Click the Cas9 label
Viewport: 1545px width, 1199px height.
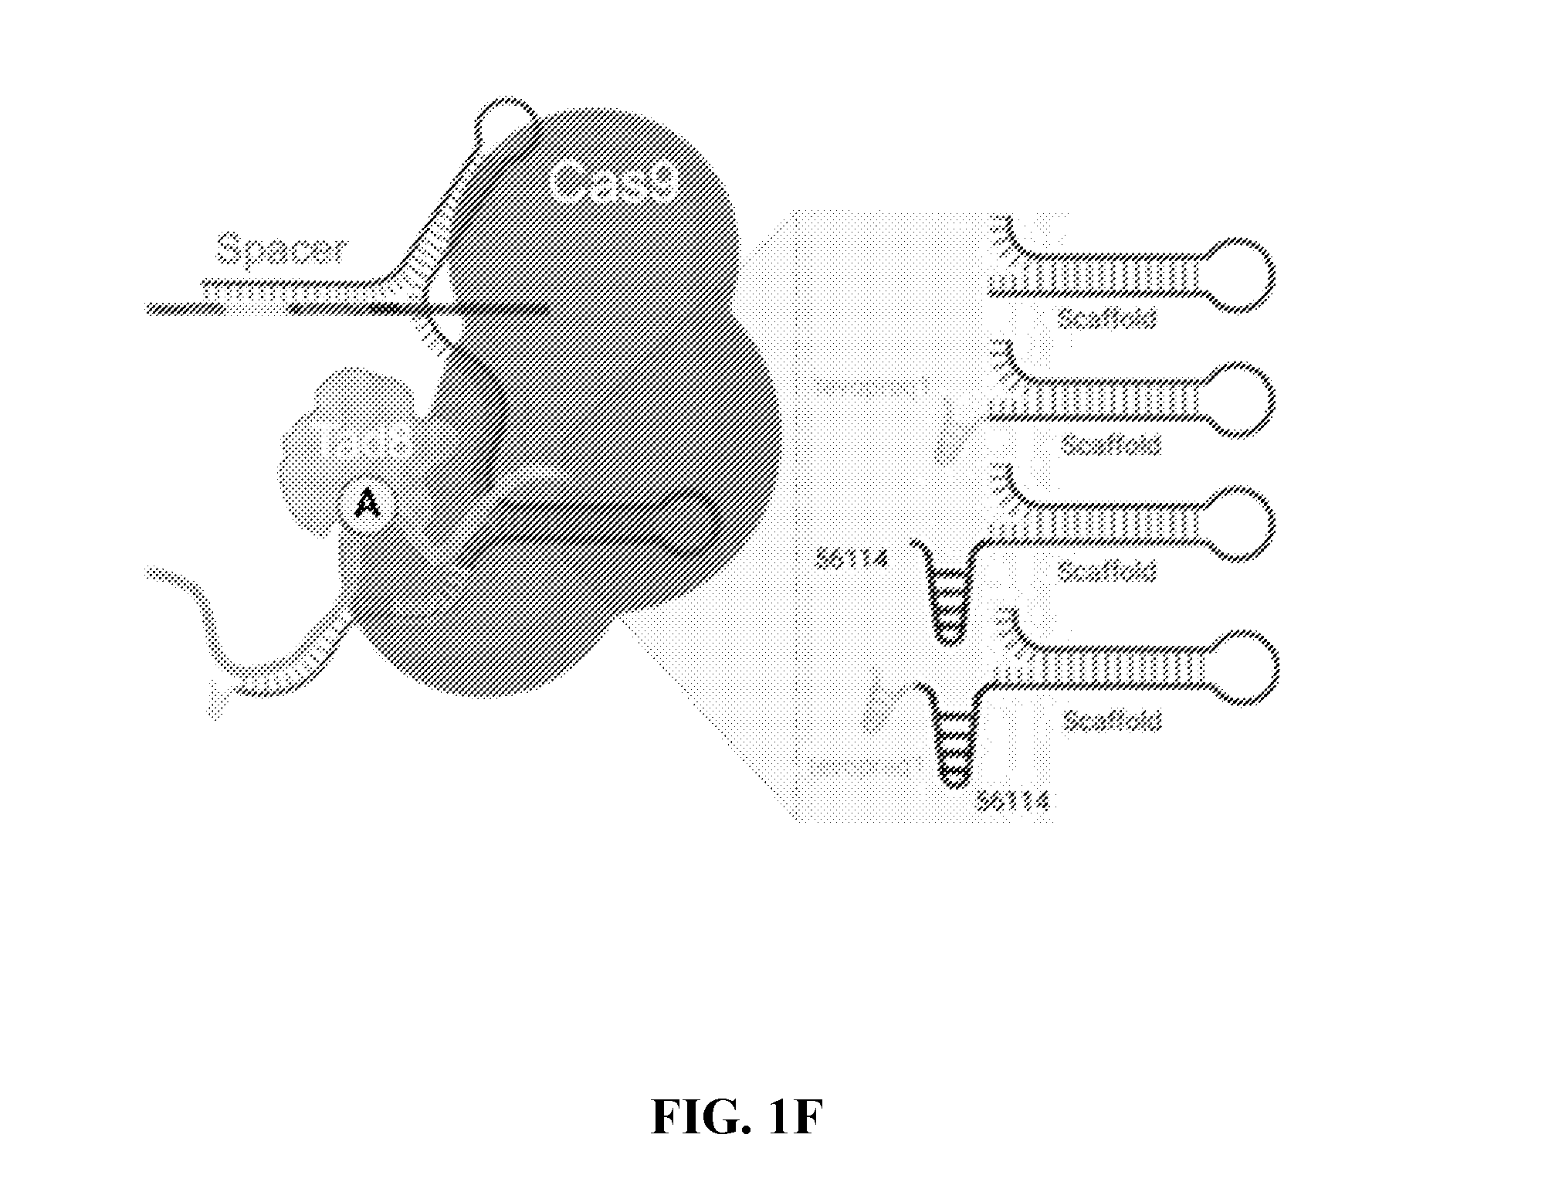614,182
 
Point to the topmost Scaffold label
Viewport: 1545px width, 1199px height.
1106,318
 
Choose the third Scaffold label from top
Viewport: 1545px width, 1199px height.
1106,571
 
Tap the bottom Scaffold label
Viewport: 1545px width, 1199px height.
1112,720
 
